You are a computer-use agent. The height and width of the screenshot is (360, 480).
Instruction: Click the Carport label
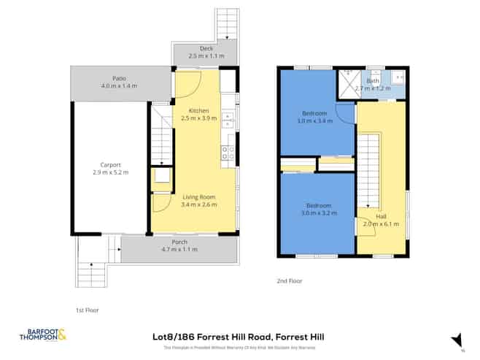pyautogui.click(x=111, y=165)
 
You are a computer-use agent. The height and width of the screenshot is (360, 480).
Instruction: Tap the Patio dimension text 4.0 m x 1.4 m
pyautogui.click(x=120, y=86)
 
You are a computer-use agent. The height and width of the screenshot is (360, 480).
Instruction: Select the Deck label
pyautogui.click(x=204, y=49)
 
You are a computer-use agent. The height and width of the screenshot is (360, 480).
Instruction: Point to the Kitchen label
pyautogui.click(x=198, y=110)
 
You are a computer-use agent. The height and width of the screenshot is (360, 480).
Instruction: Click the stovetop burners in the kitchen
pyautogui.click(x=227, y=153)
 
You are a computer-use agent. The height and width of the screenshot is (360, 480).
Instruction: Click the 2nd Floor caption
pyautogui.click(x=289, y=280)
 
